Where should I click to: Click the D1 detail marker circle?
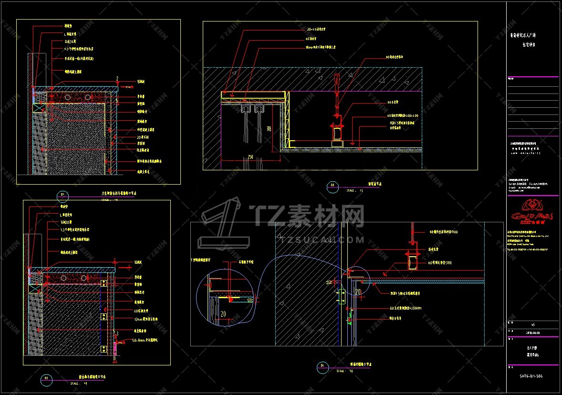point(62,195)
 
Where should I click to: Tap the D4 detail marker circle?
point(323,366)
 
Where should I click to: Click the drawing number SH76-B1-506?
point(531,376)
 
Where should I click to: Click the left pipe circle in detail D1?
point(68,98)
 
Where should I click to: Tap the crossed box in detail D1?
point(38,108)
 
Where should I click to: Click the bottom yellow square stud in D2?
point(104,350)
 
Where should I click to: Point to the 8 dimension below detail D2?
point(115,357)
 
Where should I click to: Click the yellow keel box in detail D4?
point(411,261)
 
